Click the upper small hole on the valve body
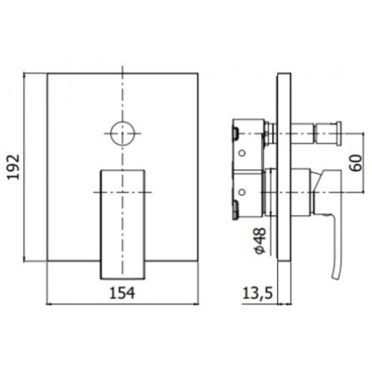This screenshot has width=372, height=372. point(242,154)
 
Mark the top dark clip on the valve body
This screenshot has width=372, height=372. point(236,131)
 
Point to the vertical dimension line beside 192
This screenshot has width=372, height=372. point(31,168)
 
